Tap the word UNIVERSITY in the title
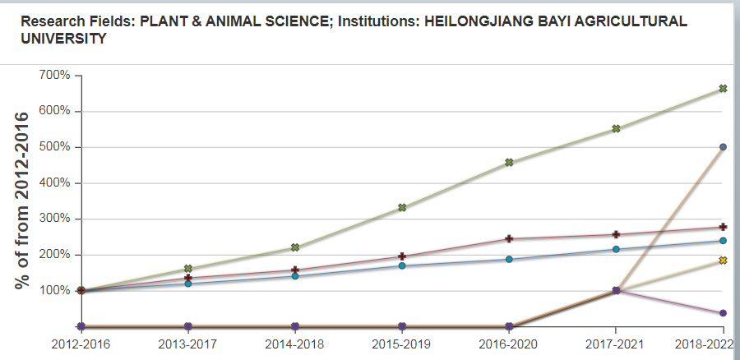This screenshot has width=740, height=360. tap(63, 39)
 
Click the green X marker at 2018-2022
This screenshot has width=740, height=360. tap(723, 88)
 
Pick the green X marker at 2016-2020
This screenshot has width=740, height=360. tap(510, 162)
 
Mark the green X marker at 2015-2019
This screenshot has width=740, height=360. tap(402, 207)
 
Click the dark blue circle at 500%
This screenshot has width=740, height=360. tap(723, 147)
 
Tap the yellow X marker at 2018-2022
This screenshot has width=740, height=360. tap(723, 261)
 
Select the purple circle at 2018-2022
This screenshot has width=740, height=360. tap(723, 313)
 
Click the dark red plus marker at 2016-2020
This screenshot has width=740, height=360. tap(510, 238)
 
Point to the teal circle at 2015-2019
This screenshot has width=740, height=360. tap(402, 265)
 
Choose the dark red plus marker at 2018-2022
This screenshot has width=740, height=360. tap(723, 227)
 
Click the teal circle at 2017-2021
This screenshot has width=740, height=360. tap(616, 249)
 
